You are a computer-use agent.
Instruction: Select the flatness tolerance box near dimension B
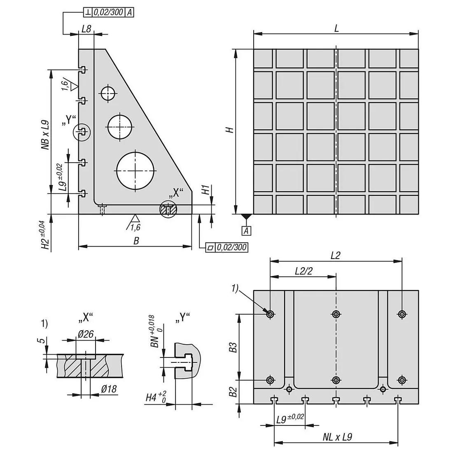click(227, 248)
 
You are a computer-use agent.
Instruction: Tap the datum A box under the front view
click(246, 231)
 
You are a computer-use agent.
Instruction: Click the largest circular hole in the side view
click(135, 171)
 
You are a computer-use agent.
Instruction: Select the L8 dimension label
click(86, 29)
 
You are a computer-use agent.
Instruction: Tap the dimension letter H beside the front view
click(231, 130)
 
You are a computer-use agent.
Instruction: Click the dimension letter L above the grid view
click(336, 28)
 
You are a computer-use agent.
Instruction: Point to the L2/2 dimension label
click(304, 271)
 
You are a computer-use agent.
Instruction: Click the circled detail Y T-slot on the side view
click(82, 132)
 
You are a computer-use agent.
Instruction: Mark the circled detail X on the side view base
click(168, 209)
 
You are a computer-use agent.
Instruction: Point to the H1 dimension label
click(206, 190)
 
